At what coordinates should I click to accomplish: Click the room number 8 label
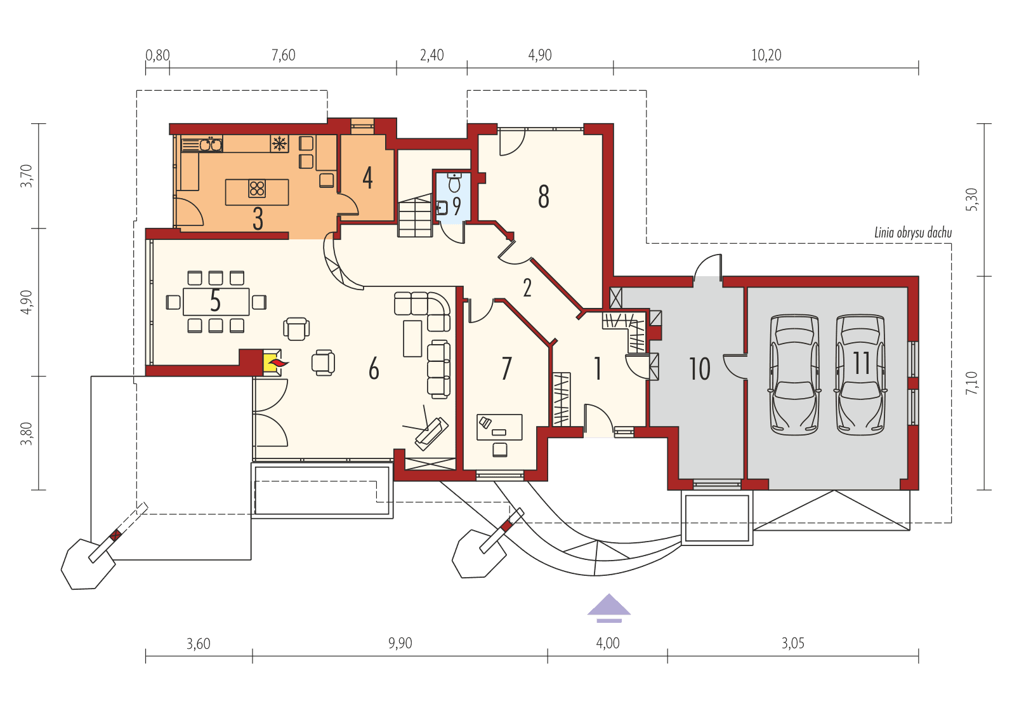tap(544, 197)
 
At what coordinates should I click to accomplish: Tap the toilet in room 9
tap(454, 184)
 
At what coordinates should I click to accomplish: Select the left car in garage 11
tap(794, 375)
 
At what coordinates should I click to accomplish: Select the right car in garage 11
tap(860, 375)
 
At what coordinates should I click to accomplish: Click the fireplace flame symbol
tap(277, 363)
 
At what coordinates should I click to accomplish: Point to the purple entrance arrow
tap(609, 605)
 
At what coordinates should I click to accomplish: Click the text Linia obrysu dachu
tap(912, 233)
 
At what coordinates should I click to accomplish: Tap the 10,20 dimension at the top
tap(766, 55)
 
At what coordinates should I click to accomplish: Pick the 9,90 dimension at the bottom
tap(400, 643)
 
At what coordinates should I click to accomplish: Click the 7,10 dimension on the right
tap(972, 383)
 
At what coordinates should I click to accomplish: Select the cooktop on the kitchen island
tap(257, 189)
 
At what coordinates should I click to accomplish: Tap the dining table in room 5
tap(216, 302)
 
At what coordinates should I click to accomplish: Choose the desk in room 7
tap(499, 427)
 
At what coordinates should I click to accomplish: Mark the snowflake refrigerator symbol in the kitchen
tap(279, 143)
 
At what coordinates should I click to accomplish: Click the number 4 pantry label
tap(367, 178)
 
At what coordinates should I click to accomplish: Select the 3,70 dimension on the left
tap(26, 176)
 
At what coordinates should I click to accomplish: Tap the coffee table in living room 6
tap(412, 338)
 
